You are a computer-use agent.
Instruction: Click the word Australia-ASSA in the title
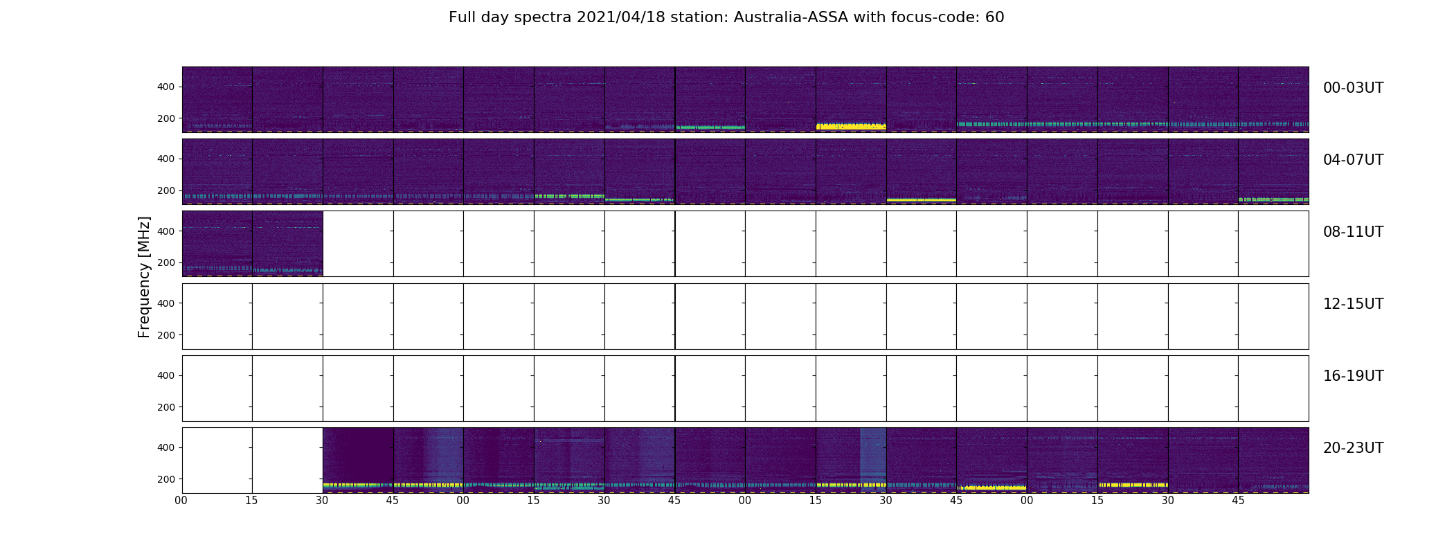(x=832, y=17)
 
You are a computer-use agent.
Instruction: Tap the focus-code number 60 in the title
(x=994, y=17)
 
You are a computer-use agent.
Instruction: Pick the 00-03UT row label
(x=1353, y=88)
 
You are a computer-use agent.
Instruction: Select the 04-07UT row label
(x=1353, y=160)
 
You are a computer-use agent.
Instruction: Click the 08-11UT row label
(x=1353, y=232)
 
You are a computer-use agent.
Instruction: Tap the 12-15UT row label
(x=1353, y=304)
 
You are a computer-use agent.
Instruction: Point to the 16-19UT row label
(x=1353, y=376)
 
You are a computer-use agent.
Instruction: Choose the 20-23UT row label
(x=1353, y=448)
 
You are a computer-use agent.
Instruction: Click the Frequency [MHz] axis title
(x=144, y=277)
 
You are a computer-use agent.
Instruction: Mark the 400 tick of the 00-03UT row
(x=165, y=87)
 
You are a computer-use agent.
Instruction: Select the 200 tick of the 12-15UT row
(x=165, y=335)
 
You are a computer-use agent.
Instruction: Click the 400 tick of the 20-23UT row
(x=165, y=447)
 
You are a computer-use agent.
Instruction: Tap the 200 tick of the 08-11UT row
(x=165, y=263)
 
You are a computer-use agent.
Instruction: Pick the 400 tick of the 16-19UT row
(x=165, y=375)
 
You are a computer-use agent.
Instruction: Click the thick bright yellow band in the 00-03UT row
(x=851, y=127)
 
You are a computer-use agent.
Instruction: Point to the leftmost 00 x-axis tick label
(x=181, y=501)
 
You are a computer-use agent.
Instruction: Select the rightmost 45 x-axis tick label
(x=1238, y=501)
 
